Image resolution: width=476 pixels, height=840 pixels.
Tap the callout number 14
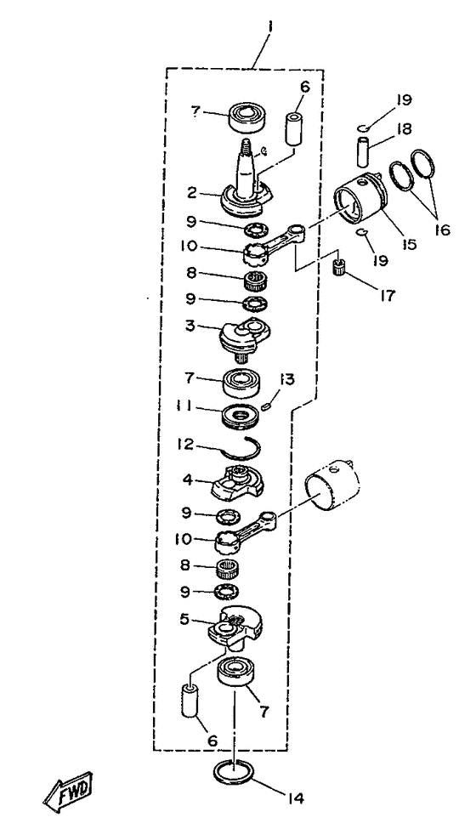click(x=292, y=798)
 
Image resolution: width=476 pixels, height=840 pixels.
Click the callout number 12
click(x=187, y=445)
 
